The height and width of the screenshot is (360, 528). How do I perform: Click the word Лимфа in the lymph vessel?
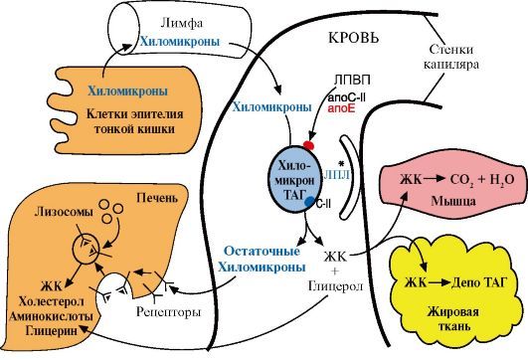pyautogui.click(x=182, y=23)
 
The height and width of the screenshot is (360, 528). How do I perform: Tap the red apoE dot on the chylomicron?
pyautogui.click(x=309, y=145)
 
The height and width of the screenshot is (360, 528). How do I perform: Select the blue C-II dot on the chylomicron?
pyautogui.click(x=310, y=202)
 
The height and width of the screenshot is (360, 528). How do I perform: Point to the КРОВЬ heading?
pyautogui.click(x=353, y=38)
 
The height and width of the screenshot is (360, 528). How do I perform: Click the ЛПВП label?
pyautogui.click(x=352, y=81)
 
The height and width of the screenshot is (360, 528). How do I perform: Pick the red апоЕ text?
pyautogui.click(x=341, y=108)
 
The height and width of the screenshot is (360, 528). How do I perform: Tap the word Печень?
pyautogui.click(x=157, y=198)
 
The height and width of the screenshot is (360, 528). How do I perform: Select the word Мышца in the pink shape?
pyautogui.click(x=453, y=201)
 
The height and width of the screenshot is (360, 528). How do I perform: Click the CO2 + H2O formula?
pyautogui.click(x=482, y=180)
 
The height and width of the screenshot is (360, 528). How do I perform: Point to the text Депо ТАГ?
pyautogui.click(x=479, y=282)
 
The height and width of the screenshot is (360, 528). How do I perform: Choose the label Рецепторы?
pyautogui.click(x=168, y=312)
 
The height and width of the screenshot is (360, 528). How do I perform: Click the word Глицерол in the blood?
pyautogui.click(x=335, y=286)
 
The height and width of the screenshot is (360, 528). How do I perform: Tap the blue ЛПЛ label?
pyautogui.click(x=337, y=175)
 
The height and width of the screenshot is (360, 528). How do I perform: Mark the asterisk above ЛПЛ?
pyautogui.click(x=341, y=164)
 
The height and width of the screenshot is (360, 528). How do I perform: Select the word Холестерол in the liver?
pyautogui.click(x=51, y=301)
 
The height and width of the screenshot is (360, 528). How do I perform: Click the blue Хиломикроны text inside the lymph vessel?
pyautogui.click(x=180, y=42)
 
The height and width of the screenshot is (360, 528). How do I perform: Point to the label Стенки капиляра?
pyautogui.click(x=450, y=57)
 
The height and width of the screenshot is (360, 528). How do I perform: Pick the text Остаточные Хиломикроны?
pyautogui.click(x=262, y=260)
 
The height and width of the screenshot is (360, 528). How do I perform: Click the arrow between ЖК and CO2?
pyautogui.click(x=435, y=179)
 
